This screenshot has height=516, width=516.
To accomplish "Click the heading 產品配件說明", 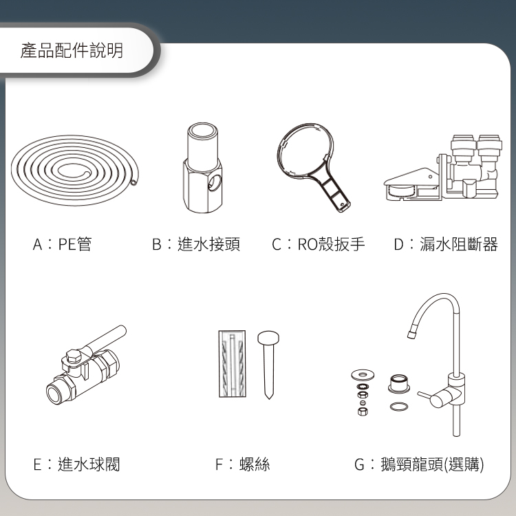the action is point(72,50).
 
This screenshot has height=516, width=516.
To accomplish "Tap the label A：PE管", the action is point(62,244).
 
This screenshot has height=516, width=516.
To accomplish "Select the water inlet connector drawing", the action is point(202,168).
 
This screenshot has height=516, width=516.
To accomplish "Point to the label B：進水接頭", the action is point(196,244).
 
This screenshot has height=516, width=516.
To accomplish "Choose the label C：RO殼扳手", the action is point(319,244).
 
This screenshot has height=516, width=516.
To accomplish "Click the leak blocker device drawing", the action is point(443,168).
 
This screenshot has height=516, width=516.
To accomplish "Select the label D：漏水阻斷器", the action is point(446,244).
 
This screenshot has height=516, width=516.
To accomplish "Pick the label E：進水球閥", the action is point(76,464).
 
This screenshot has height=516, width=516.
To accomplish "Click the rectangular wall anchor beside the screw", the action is point(233,364).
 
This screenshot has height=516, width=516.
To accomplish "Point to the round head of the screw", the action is point(268,338).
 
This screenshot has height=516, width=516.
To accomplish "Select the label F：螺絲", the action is point(243,464).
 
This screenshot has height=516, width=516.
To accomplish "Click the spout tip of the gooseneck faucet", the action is point(411,334).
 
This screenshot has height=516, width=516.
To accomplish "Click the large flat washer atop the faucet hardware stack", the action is point(363,374).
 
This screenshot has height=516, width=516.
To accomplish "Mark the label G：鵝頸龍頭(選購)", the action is point(419,464).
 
